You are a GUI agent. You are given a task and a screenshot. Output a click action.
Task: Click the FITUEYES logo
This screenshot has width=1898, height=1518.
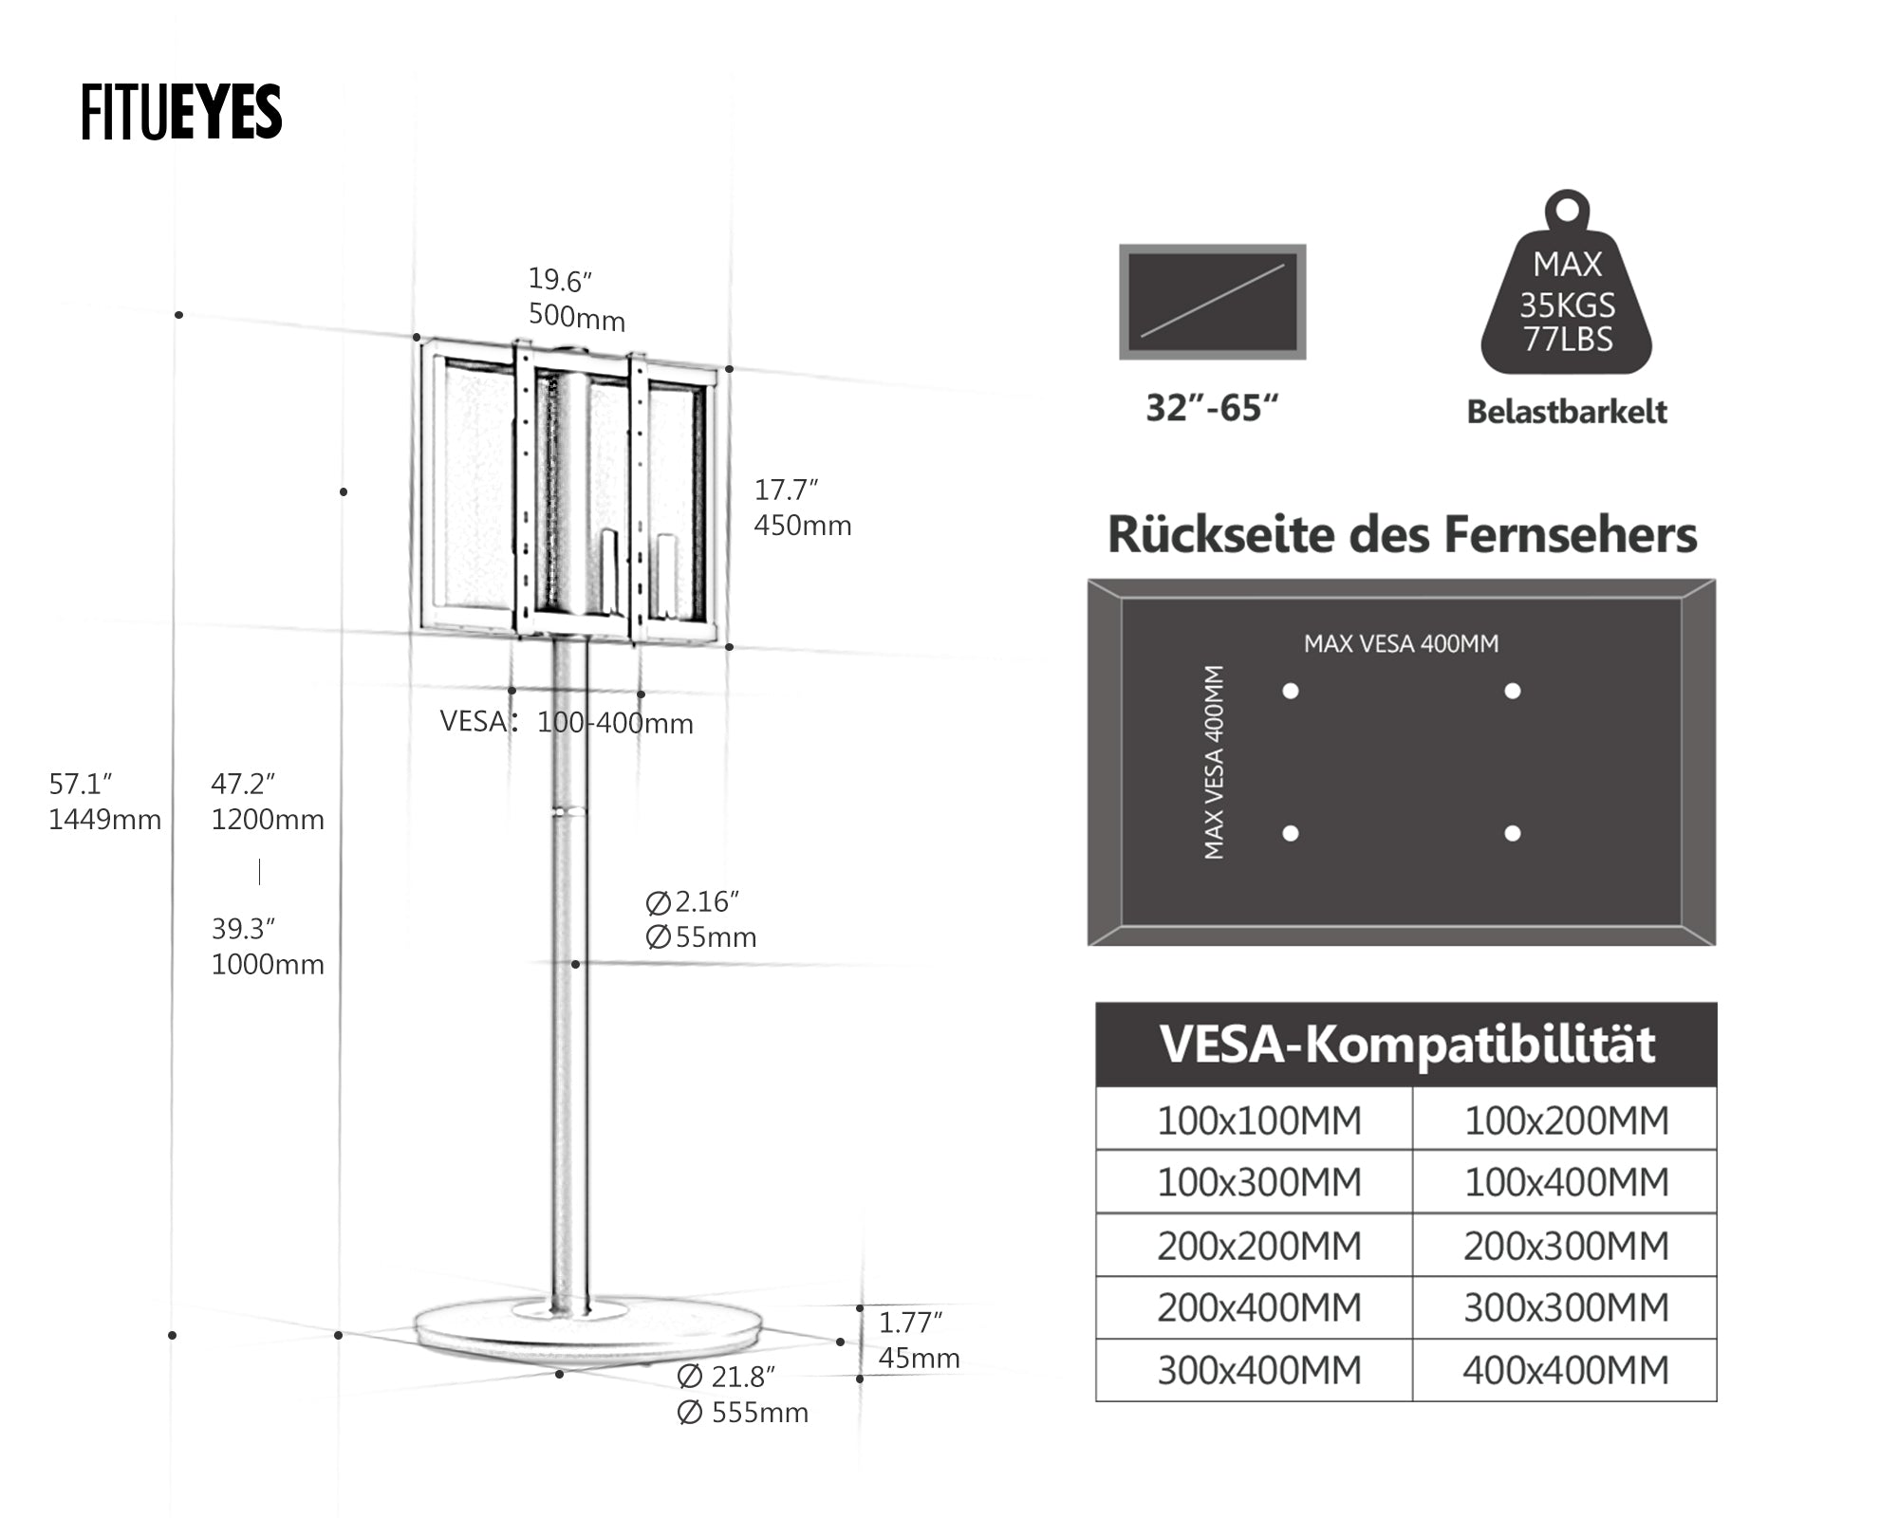coord(181,113)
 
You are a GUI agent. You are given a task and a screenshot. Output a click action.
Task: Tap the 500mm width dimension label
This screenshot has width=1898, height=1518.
coord(576,317)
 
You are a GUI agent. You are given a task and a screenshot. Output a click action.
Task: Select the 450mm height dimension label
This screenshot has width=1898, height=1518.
coord(802,526)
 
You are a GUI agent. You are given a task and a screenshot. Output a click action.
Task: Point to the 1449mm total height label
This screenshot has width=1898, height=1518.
coord(104,820)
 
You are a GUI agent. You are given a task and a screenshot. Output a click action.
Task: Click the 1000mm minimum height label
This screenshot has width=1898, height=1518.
coord(267,965)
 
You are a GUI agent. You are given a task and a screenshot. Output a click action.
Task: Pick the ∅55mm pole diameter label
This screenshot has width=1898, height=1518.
coord(700,937)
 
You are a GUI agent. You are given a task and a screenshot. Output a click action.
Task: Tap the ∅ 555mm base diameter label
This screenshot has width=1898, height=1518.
coord(742,1413)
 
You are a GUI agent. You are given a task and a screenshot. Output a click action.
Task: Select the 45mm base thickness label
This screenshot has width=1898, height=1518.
coord(918,1359)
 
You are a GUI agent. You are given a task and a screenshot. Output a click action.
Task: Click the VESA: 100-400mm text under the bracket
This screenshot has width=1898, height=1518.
coord(567,723)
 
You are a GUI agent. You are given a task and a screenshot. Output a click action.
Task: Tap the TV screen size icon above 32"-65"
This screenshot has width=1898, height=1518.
coord(1212,302)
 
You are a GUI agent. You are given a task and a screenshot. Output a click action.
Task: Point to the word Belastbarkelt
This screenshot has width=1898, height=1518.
coord(1567,412)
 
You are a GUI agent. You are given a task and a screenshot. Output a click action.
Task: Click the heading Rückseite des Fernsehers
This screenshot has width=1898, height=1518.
coord(1402,534)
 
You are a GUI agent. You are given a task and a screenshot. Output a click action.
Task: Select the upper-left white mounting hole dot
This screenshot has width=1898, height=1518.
coord(1291,692)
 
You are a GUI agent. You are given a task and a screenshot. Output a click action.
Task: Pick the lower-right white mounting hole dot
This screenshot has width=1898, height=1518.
coord(1513,834)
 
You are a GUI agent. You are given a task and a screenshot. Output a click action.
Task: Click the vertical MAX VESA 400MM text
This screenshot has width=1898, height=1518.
coord(1214,762)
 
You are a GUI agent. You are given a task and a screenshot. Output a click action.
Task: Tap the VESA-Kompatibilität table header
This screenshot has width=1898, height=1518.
coord(1405,1045)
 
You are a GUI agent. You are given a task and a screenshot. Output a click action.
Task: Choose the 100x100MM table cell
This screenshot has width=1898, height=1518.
coord(1258,1120)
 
